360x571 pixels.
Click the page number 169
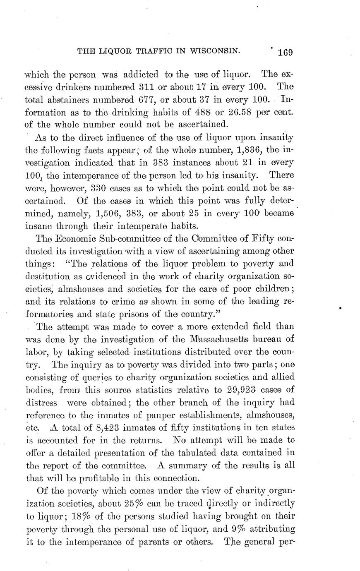286,52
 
